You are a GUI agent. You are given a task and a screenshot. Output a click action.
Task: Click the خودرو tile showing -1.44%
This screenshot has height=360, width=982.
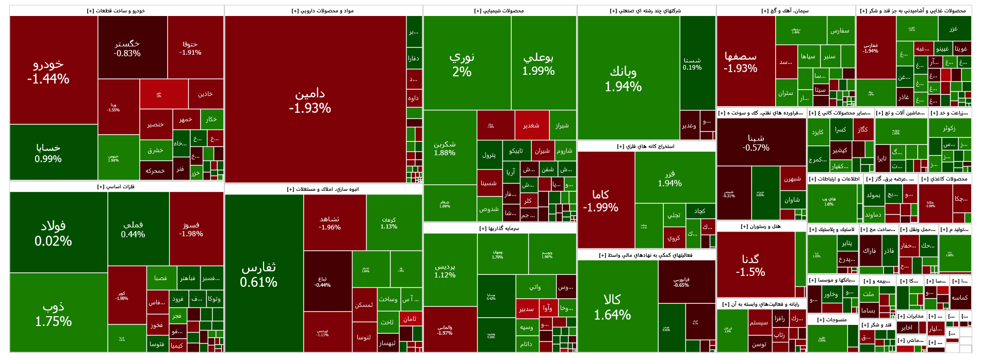(x=48, y=71)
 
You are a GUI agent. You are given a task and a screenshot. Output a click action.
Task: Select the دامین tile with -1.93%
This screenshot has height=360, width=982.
(x=310, y=101)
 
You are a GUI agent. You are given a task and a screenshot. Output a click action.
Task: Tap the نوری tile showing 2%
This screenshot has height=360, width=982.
(x=462, y=64)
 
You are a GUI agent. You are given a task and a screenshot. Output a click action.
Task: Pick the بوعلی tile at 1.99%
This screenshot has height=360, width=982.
(x=538, y=64)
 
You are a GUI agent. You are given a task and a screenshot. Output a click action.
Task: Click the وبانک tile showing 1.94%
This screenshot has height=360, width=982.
(x=623, y=78)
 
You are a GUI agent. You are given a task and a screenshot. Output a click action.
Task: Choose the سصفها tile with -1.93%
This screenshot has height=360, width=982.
(x=741, y=62)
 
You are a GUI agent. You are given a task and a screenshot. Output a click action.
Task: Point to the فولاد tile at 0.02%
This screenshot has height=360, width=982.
(x=53, y=233)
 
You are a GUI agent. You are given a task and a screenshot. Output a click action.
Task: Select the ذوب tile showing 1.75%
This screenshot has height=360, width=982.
(x=53, y=314)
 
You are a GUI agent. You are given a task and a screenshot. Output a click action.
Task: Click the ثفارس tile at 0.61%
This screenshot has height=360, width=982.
(x=258, y=274)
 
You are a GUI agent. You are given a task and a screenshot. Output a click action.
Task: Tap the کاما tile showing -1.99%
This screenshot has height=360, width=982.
(x=600, y=201)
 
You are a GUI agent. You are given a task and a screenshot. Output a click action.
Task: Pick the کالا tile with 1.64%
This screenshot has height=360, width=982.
(x=612, y=307)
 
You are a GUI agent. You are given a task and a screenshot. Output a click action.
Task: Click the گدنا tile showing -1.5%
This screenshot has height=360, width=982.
(x=750, y=265)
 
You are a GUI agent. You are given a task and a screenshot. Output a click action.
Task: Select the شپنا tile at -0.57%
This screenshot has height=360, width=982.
(x=756, y=142)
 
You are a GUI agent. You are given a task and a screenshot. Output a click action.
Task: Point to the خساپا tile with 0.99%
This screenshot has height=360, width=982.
(x=48, y=153)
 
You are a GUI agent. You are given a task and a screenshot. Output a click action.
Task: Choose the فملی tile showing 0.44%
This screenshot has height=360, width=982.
(x=133, y=229)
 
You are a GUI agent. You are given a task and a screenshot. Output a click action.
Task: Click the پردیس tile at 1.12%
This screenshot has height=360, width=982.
(x=445, y=270)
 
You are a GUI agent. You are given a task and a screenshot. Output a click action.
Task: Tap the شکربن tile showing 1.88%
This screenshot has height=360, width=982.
(x=445, y=148)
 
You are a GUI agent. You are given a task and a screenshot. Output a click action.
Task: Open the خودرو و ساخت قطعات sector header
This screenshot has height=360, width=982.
(x=117, y=11)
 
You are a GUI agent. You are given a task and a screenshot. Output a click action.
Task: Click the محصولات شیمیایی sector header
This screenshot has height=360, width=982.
(x=499, y=11)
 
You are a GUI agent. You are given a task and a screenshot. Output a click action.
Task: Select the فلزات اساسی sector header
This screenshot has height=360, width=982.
(x=116, y=187)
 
